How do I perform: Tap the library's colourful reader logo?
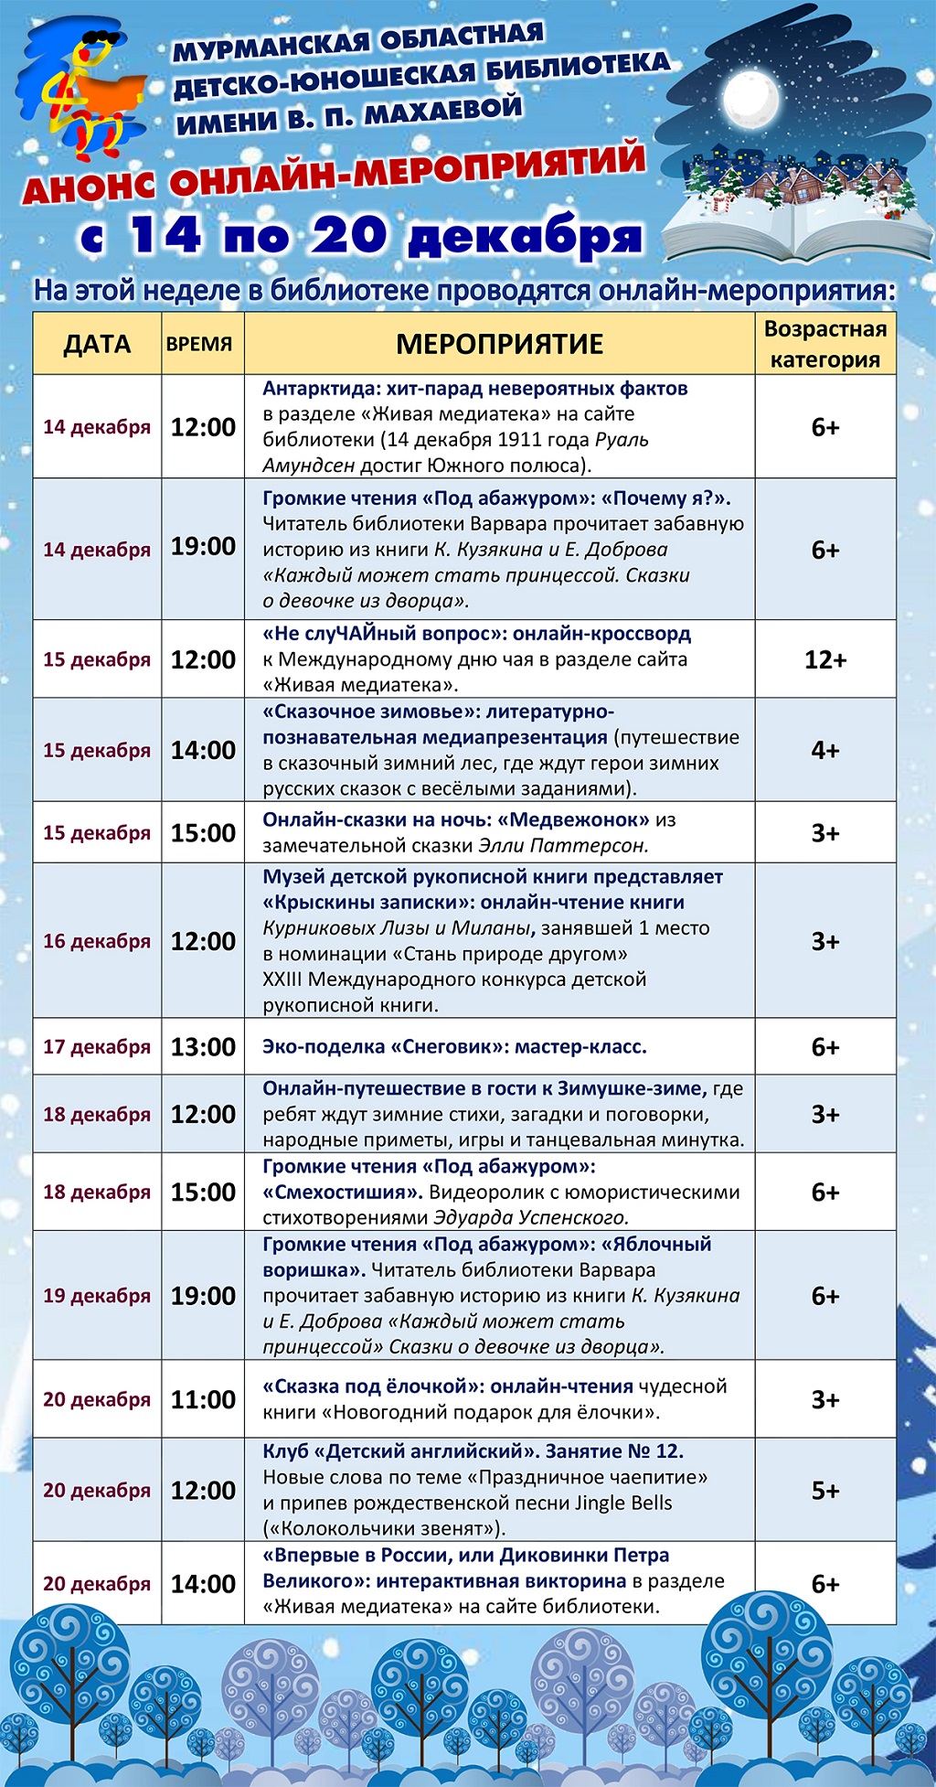82,91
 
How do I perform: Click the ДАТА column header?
97,344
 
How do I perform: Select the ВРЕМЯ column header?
199,345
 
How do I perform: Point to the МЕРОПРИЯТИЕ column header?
499,344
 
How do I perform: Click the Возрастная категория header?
824,344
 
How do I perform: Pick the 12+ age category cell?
824,659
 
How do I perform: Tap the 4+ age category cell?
824,750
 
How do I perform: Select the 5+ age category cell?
824,1490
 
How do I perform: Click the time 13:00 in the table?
203,1046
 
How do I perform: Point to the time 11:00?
203,1399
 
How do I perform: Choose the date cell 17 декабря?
97,1047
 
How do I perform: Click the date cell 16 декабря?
97,941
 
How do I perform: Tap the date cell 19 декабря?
97,1296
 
